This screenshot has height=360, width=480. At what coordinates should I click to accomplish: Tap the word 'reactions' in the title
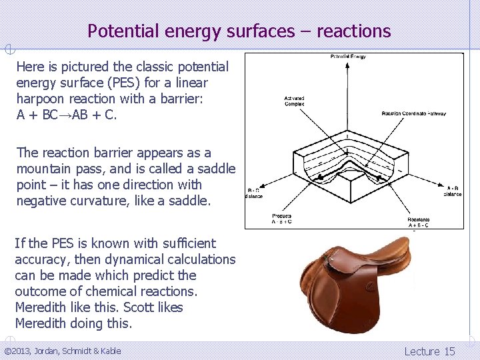pyautogui.click(x=353, y=31)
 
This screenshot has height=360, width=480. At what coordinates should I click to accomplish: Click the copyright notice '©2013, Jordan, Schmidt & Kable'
pyautogui.click(x=63, y=351)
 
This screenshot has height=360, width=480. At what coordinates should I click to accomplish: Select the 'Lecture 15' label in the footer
pyautogui.click(x=429, y=351)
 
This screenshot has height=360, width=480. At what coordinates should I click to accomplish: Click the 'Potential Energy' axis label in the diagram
pyautogui.click(x=348, y=57)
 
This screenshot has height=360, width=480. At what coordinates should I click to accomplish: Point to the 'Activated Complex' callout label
pyautogui.click(x=295, y=101)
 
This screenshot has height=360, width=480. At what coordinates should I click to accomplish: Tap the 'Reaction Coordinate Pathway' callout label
pyautogui.click(x=413, y=113)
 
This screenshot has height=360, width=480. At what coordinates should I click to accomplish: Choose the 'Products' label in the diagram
pyautogui.click(x=281, y=219)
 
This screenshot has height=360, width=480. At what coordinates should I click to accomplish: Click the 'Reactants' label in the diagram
pyautogui.click(x=419, y=222)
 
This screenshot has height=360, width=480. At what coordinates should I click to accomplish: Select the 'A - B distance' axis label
pyautogui.click(x=453, y=192)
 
